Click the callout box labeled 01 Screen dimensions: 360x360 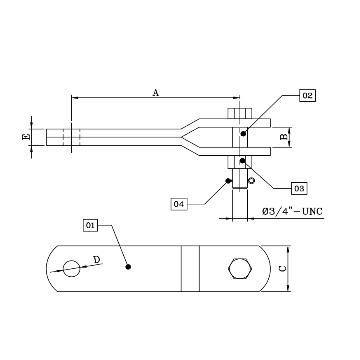[90, 226]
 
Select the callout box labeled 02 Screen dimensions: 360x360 [307, 96]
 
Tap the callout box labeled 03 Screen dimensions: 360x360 [299, 189]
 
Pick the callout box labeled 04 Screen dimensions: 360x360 [179, 204]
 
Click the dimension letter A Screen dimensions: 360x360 [156, 93]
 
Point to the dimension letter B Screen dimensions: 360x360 [283, 137]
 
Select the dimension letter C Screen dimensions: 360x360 [282, 269]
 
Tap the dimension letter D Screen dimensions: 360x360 [96, 260]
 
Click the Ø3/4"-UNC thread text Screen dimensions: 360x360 [292, 212]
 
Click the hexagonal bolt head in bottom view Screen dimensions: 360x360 [240, 268]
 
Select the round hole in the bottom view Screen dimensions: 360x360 [72, 269]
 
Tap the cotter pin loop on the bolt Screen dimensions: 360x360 [251, 181]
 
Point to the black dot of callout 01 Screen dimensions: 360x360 [128, 267]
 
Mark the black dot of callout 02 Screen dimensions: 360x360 [243, 134]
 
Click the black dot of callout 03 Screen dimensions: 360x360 [243, 161]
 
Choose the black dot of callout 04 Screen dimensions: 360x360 [228, 181]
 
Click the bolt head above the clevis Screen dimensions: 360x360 [240, 113]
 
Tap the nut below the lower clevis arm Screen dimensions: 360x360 [240, 162]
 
